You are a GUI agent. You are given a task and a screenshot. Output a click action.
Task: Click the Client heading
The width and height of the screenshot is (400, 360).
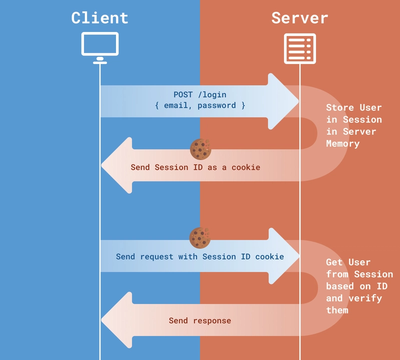click(x=100, y=18)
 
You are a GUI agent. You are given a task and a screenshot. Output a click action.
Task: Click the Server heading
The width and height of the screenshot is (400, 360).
click(x=299, y=18)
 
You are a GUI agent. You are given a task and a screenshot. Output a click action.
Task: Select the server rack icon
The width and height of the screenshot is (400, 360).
click(x=300, y=48)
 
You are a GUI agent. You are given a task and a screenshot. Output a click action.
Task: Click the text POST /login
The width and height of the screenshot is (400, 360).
click(x=200, y=94)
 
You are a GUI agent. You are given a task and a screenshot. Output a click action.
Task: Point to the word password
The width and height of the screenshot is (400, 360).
click(x=216, y=105)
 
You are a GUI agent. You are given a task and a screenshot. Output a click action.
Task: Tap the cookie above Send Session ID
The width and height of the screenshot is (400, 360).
click(x=200, y=149)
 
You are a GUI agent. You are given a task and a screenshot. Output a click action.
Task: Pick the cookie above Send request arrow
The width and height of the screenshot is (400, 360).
click(x=200, y=238)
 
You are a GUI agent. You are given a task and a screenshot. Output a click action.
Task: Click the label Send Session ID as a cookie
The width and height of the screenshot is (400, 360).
click(x=195, y=167)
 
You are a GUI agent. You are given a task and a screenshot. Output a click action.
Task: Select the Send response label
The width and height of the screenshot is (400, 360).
click(x=200, y=320)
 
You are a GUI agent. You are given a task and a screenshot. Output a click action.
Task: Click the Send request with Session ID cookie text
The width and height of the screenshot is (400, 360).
click(x=200, y=256)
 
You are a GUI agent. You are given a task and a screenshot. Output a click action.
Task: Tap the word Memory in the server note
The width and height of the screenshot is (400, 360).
click(x=343, y=143)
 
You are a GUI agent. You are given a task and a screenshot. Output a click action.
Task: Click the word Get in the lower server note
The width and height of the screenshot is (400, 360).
click(x=334, y=262)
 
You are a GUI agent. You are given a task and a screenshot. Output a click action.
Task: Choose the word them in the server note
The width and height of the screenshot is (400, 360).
click(x=337, y=310)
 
